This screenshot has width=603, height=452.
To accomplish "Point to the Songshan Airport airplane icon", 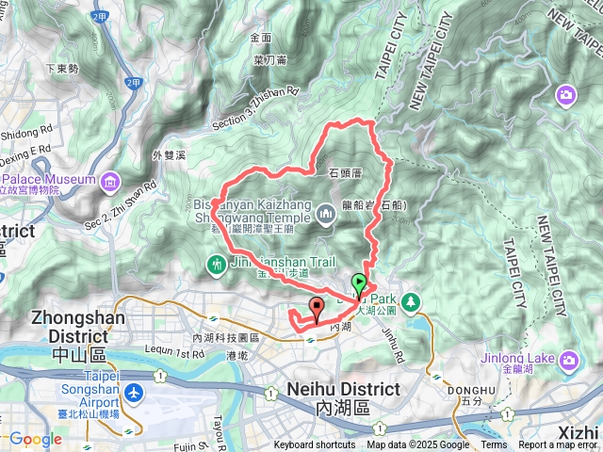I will click(134, 390).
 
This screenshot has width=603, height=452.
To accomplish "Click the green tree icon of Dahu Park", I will click(410, 301).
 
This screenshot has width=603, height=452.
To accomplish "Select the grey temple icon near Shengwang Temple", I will click(327, 215).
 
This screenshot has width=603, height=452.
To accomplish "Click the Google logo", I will click(35, 439).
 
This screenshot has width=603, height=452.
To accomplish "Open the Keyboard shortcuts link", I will click(315, 444).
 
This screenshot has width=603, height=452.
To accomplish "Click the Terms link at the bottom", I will click(494, 444).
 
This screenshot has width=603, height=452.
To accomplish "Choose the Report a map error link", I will click(559, 444).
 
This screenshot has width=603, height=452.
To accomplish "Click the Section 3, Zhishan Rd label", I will click(254, 109).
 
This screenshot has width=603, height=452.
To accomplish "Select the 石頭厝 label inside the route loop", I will click(346, 173).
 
